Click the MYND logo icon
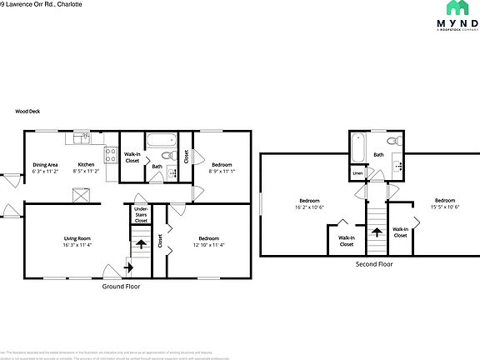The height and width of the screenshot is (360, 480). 457,8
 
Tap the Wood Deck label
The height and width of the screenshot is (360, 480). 27,111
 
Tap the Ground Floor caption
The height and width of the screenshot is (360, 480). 121,286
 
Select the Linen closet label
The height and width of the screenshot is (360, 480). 357,173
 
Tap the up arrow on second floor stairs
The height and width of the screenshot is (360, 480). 377,232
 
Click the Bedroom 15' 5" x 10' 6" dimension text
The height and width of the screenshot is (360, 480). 444,206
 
